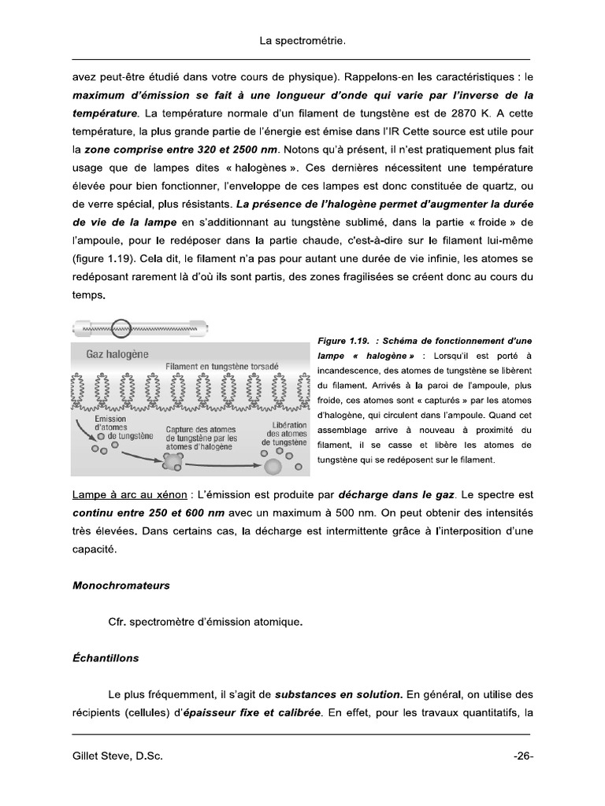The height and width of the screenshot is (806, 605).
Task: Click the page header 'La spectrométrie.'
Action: [x=302, y=39]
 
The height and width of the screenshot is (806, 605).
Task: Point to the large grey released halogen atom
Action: [x=272, y=466]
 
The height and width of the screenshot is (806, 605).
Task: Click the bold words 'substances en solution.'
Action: [x=339, y=694]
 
